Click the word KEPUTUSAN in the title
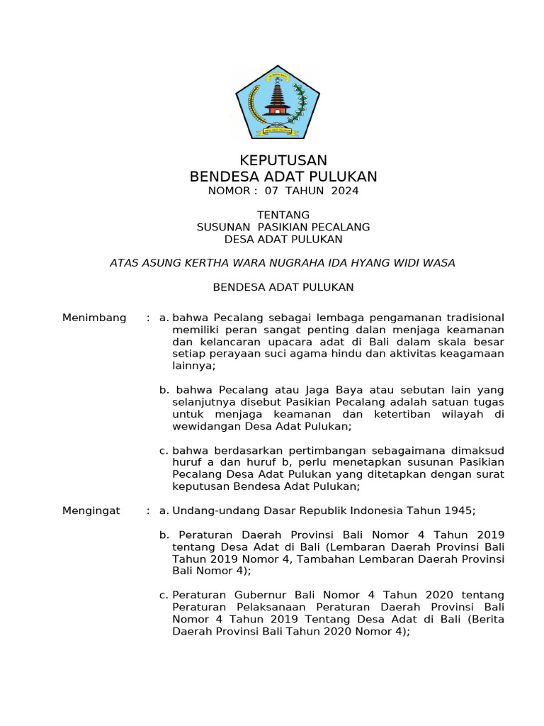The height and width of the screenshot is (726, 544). click(x=283, y=161)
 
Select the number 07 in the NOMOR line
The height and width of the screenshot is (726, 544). click(x=272, y=191)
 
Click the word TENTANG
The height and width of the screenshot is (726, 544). click(x=283, y=215)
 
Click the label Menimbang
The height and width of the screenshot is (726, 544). click(x=94, y=317)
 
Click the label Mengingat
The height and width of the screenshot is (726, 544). click(x=91, y=510)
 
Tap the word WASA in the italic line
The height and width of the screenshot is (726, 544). click(x=438, y=263)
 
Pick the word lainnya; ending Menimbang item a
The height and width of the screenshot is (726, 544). click(x=194, y=366)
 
